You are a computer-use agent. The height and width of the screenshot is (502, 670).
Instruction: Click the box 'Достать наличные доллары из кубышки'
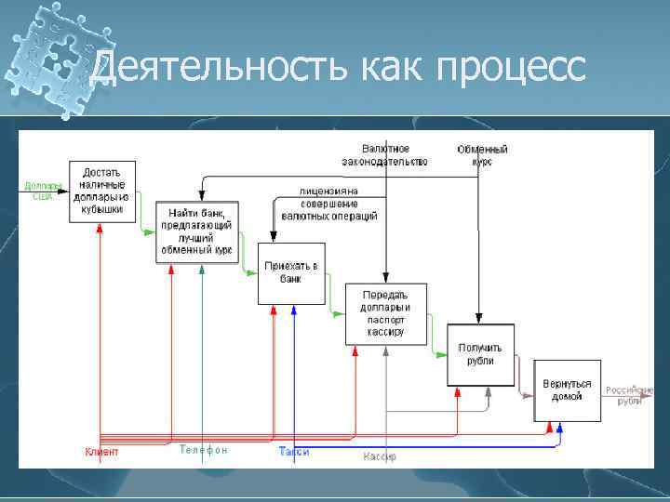pyautogui.click(x=101, y=192)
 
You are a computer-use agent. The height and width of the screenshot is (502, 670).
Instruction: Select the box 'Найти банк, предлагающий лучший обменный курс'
pyautogui.click(x=196, y=231)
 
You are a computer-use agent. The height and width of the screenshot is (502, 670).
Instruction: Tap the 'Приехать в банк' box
pyautogui.click(x=290, y=272)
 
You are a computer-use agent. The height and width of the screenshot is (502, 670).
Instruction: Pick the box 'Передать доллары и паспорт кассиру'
pyautogui.click(x=385, y=313)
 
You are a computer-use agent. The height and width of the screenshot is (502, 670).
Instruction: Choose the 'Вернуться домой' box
pyautogui.click(x=567, y=390)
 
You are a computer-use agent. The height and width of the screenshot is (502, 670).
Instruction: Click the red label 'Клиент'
pyautogui.click(x=101, y=453)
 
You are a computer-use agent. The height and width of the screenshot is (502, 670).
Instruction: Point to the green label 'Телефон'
pyautogui.click(x=203, y=450)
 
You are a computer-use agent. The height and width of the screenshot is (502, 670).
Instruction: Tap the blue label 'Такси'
pyautogui.click(x=294, y=453)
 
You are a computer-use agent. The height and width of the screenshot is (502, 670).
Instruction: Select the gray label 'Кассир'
pyautogui.click(x=380, y=456)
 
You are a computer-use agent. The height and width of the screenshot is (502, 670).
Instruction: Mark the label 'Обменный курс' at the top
pyautogui.click(x=482, y=155)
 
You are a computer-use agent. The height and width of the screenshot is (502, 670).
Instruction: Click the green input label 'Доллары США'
pyautogui.click(x=43, y=191)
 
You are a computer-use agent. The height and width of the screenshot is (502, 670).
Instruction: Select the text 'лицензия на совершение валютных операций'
pyautogui.click(x=328, y=204)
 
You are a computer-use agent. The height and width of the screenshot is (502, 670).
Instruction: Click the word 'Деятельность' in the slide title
pyautogui.click(x=208, y=67)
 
